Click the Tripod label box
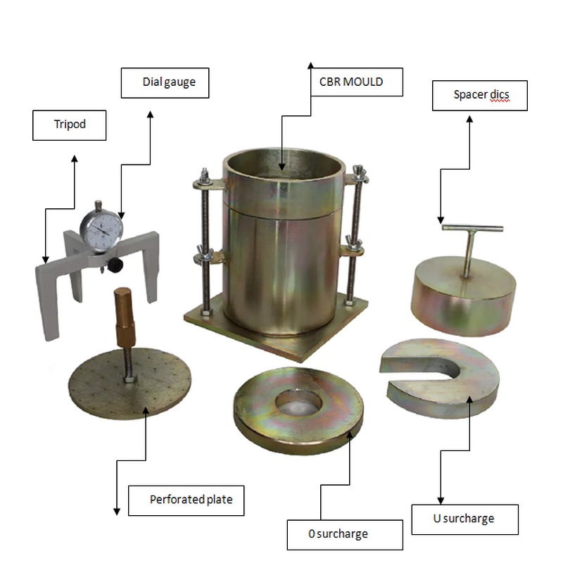pos(69,125)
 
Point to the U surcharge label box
pos(464,519)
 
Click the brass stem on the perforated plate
pos(123,310)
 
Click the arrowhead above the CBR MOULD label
pos(310,65)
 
